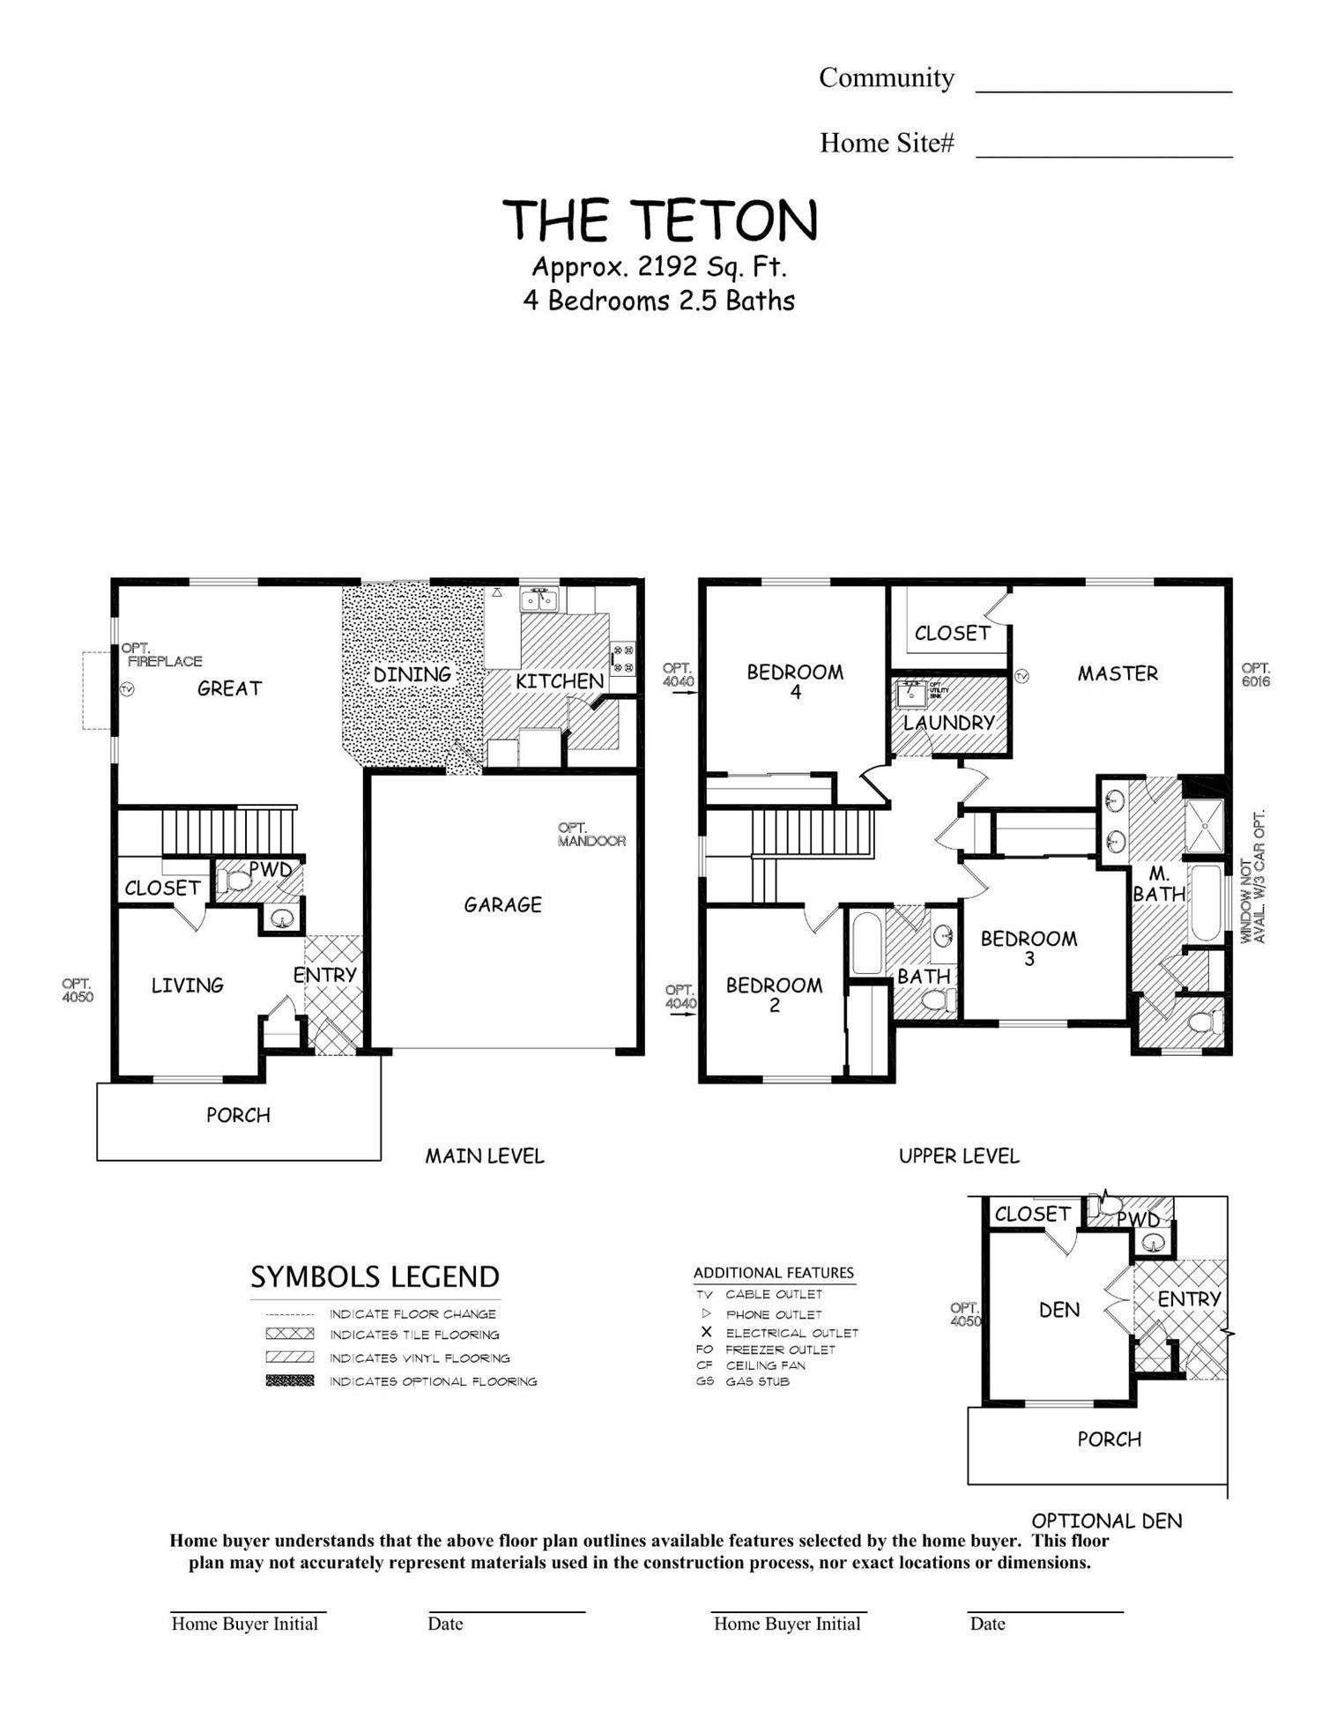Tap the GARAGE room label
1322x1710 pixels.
coord(502,904)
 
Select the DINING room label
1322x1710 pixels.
coord(412,674)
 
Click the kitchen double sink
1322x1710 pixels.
coord(538,600)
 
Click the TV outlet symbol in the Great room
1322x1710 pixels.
coord(127,689)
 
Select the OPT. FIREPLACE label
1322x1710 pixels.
coord(163,655)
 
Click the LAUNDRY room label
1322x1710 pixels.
coord(948,723)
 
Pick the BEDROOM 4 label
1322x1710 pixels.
coord(795,680)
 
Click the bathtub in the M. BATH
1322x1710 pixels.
coord(1204,903)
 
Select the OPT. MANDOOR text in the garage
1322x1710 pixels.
coord(591,835)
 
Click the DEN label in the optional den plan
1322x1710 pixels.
coord(1058,1310)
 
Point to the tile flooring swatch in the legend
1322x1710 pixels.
coord(289,1334)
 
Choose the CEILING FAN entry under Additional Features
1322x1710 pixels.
coord(764,1365)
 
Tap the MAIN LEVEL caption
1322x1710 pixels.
coord(484,1156)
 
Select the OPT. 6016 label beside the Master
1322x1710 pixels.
coord(1255,675)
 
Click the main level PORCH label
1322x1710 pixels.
coord(238,1115)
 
